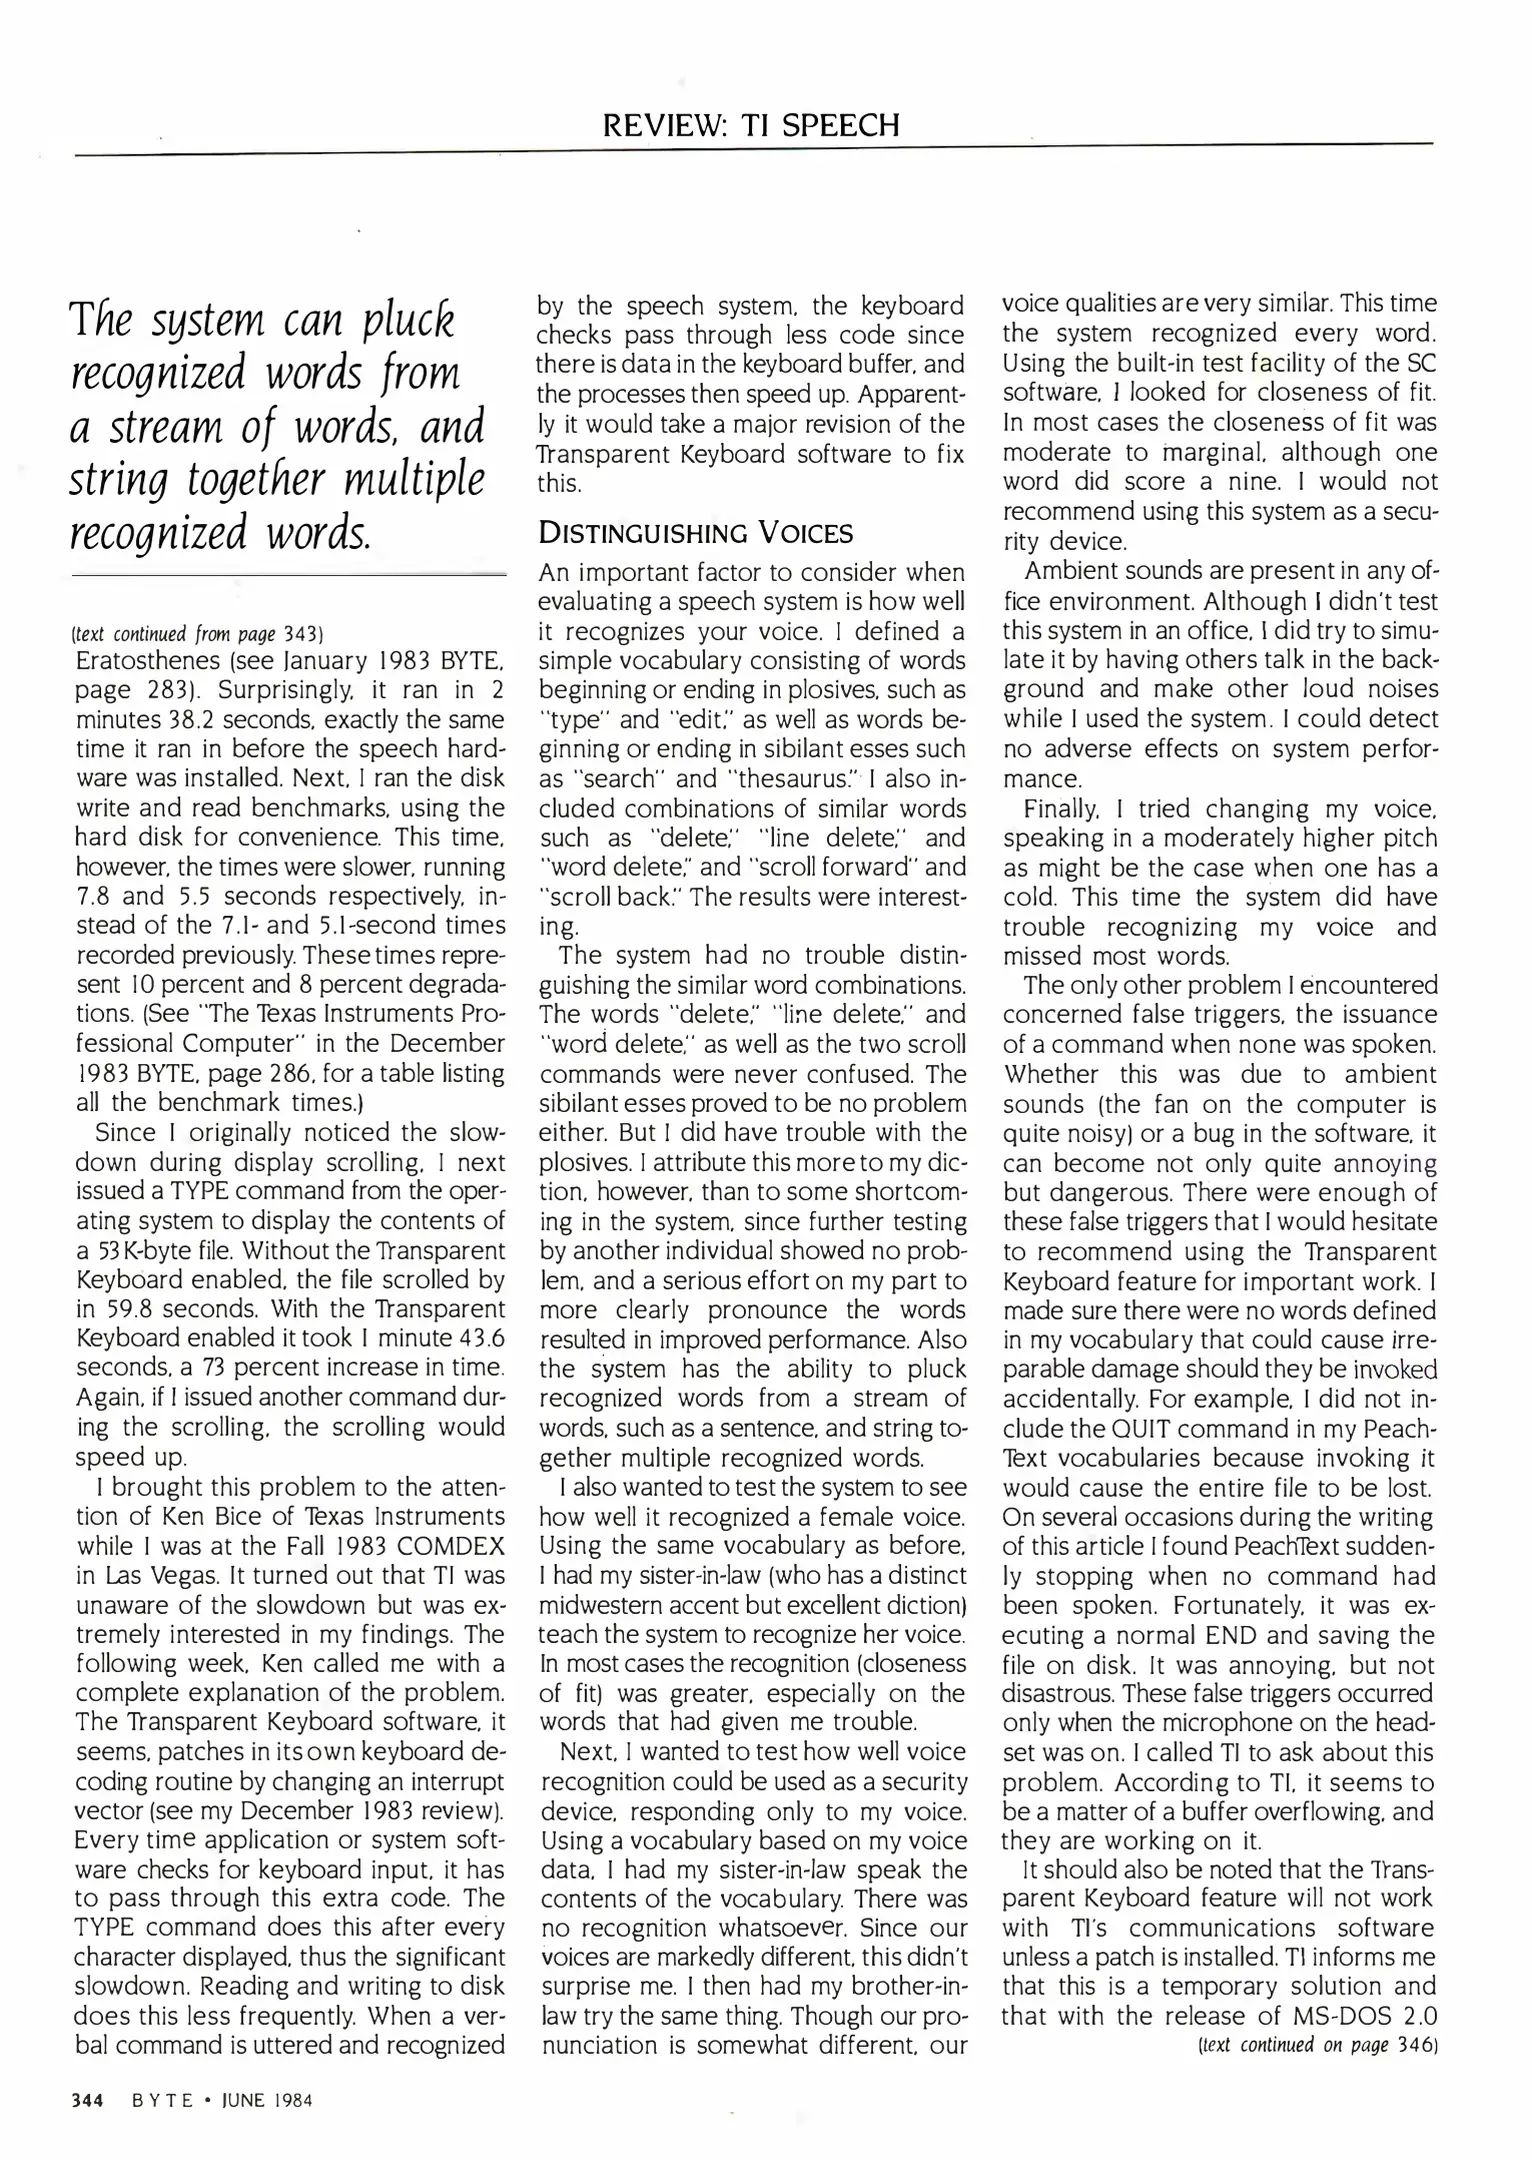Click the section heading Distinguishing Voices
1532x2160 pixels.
pos(696,532)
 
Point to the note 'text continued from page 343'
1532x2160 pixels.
pos(199,634)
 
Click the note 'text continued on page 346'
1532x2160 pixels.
pos(1317,2045)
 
